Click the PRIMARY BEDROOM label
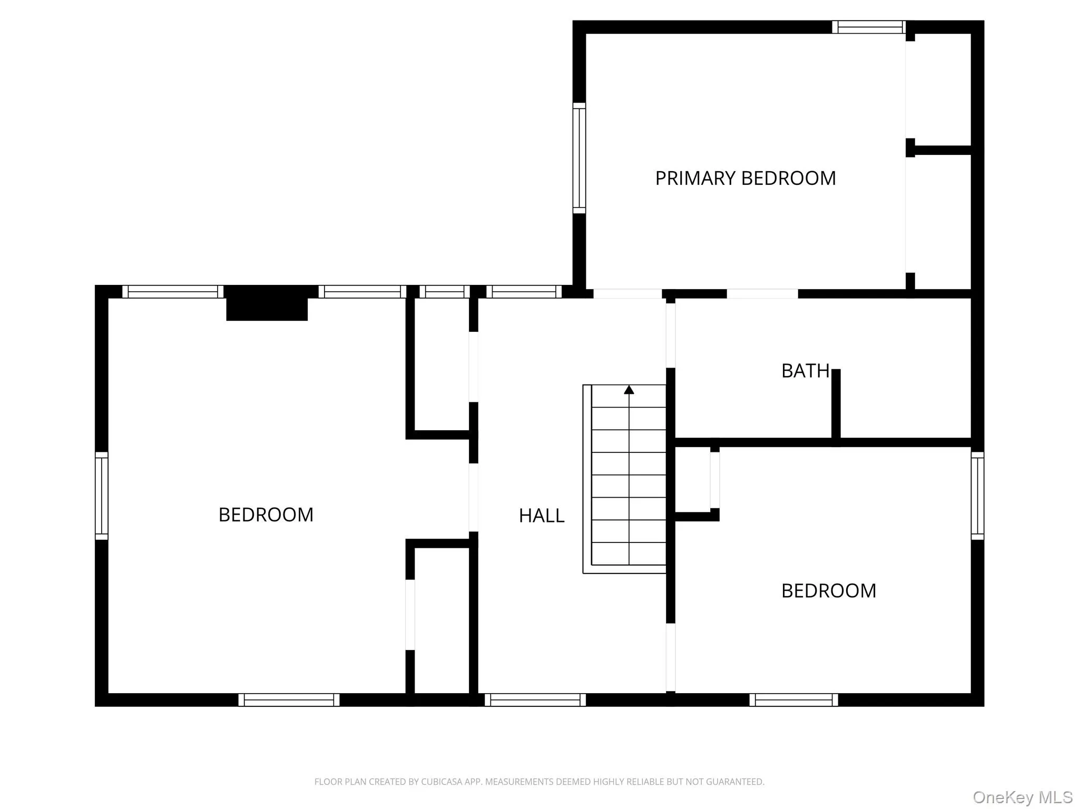pyautogui.click(x=745, y=179)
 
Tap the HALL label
pyautogui.click(x=542, y=516)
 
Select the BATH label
pyautogui.click(x=805, y=371)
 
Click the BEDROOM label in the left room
pyautogui.click(x=266, y=515)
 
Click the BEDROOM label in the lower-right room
pyautogui.click(x=828, y=591)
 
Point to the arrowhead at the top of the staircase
pyautogui.click(x=629, y=390)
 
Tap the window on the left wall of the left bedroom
pyautogui.click(x=102, y=496)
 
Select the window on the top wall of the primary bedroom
pyautogui.click(x=869, y=27)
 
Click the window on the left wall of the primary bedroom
pyautogui.click(x=579, y=158)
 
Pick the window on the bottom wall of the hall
pyautogui.click(x=535, y=699)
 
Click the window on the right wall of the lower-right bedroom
pyautogui.click(x=977, y=496)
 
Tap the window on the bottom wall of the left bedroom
pyautogui.click(x=289, y=699)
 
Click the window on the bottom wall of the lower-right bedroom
pyautogui.click(x=793, y=699)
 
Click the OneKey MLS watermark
pyautogui.click(x=1022, y=797)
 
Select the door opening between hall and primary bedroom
pyautogui.click(x=627, y=293)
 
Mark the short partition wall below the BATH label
pyautogui.click(x=836, y=404)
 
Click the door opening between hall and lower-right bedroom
pyautogui.click(x=670, y=657)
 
